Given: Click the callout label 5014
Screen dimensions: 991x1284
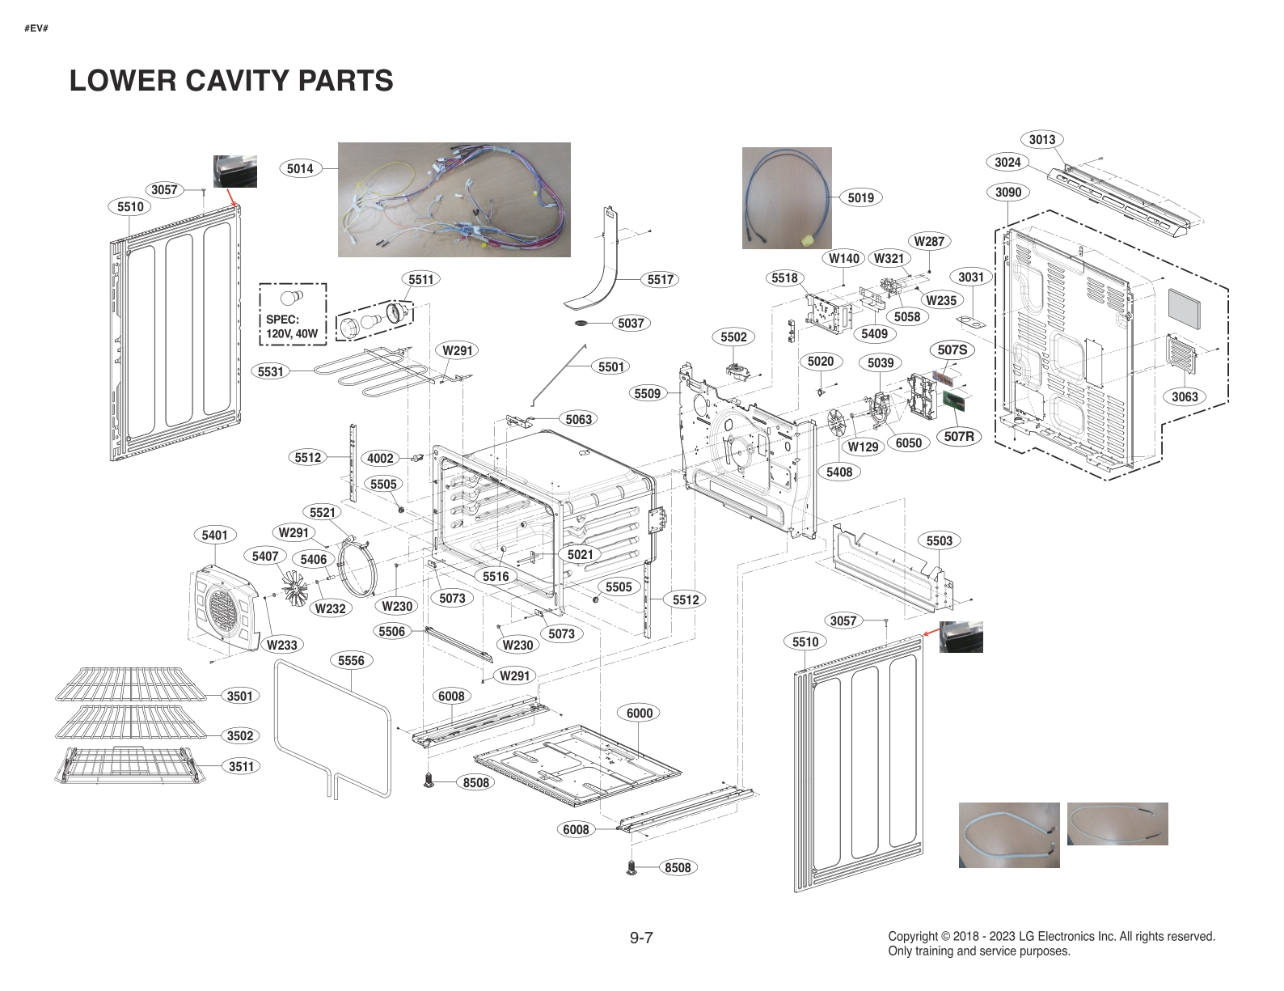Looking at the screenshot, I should pyautogui.click(x=300, y=168).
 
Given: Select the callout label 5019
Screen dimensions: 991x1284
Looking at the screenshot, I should pyautogui.click(x=861, y=197).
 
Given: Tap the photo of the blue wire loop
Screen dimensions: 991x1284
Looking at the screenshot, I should pyautogui.click(x=787, y=197).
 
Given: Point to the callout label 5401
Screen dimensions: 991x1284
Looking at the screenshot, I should pyautogui.click(x=214, y=535).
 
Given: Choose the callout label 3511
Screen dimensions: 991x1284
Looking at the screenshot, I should pyautogui.click(x=241, y=766).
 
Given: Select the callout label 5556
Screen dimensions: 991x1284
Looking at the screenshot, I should pyautogui.click(x=351, y=660).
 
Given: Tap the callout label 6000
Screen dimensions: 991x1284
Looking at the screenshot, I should pyautogui.click(x=639, y=713).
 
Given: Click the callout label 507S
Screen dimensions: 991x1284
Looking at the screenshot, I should pyautogui.click(x=952, y=349).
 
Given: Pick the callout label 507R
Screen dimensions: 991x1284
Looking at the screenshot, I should pyautogui.click(x=959, y=437).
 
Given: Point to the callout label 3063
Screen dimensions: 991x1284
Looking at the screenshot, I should pyautogui.click(x=1185, y=396).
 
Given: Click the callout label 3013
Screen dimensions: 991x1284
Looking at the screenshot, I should pyautogui.click(x=1041, y=139).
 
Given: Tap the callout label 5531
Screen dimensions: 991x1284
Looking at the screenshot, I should pyautogui.click(x=271, y=371).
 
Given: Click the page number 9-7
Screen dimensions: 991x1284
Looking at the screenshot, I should pyautogui.click(x=641, y=938).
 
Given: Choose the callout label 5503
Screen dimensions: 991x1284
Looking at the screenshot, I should pyautogui.click(x=939, y=540).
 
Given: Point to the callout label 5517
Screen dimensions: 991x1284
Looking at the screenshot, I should pyautogui.click(x=661, y=279).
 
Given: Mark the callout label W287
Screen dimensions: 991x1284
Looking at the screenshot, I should pyautogui.click(x=928, y=241).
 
